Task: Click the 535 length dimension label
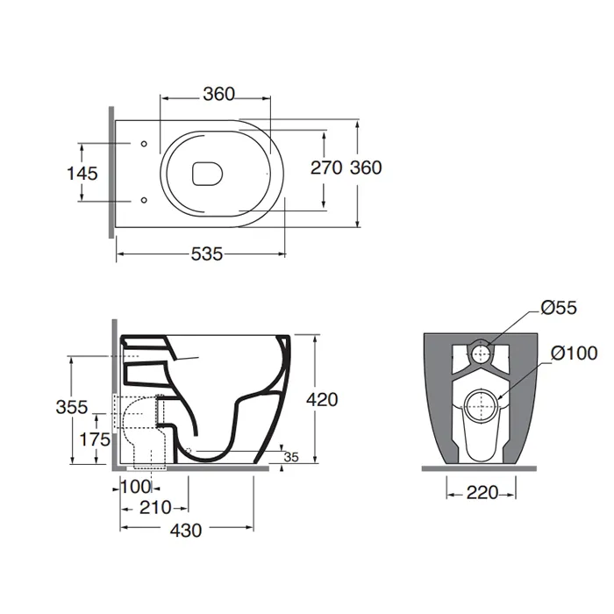click(207, 254)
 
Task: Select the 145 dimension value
click(82, 174)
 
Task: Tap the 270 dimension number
click(326, 168)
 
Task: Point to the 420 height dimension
click(322, 400)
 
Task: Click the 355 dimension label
click(72, 407)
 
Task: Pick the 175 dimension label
click(95, 439)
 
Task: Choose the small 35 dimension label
click(291, 457)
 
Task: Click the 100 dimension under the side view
click(135, 487)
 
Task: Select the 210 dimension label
click(155, 508)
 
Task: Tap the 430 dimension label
click(186, 531)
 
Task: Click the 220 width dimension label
click(482, 493)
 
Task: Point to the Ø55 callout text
click(559, 308)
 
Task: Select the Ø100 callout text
click(574, 353)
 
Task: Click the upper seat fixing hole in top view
click(144, 144)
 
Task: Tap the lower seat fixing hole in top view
click(144, 200)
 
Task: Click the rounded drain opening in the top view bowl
click(208, 173)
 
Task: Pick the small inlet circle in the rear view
click(481, 353)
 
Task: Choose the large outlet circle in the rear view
click(481, 406)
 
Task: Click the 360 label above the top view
click(219, 94)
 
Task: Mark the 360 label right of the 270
click(366, 168)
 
